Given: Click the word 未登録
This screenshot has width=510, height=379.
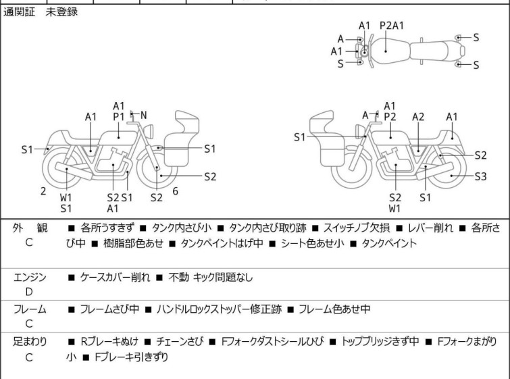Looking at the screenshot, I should pos(61,13).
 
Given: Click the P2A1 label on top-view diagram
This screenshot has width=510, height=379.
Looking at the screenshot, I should pos(392,26).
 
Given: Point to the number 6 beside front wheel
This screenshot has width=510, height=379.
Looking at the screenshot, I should pos(175,191).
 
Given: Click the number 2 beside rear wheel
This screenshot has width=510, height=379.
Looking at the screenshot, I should pos(43,191).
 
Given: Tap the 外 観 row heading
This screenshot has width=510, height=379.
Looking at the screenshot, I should pos(28,228).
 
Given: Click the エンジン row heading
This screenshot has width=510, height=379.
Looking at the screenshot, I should pos(30,277).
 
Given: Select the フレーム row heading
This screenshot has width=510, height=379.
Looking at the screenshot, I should pos(30,309).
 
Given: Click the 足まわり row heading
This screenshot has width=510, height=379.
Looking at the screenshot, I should pos(30,342).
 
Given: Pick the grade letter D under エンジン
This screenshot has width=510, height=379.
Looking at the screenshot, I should pos(28,292).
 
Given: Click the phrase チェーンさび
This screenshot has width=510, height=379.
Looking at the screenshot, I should pos(184,342).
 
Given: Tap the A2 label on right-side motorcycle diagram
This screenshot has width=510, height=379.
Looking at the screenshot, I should pos(418,117).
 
